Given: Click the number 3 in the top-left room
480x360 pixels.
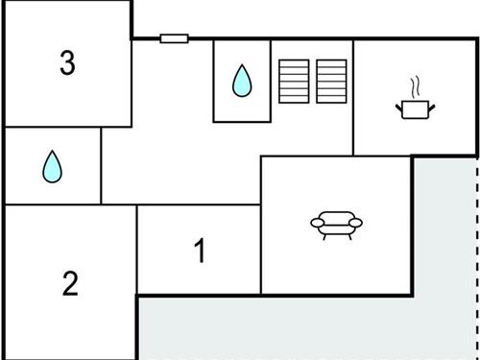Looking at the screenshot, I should pyautogui.click(x=66, y=63).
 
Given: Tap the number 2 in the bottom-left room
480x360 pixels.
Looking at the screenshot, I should pyautogui.click(x=69, y=284).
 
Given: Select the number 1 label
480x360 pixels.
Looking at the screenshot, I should pyautogui.click(x=200, y=252).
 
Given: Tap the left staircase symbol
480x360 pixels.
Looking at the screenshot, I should pyautogui.click(x=293, y=80).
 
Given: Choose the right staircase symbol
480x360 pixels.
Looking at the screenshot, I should pyautogui.click(x=331, y=80).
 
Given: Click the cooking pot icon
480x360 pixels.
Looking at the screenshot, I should pyautogui.click(x=415, y=108).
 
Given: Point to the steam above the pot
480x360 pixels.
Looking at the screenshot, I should pyautogui.click(x=415, y=87).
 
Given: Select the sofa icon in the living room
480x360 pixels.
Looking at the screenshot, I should pyautogui.click(x=337, y=225).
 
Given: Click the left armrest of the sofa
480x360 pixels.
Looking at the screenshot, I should pyautogui.click(x=317, y=223).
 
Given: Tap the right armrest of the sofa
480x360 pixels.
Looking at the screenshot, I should pyautogui.click(x=357, y=223).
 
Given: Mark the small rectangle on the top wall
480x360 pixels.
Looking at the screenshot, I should pyautogui.click(x=174, y=38).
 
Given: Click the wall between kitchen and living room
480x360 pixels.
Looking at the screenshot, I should pyautogui.click(x=384, y=156).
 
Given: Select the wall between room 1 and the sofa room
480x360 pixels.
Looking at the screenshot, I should pyautogui.click(x=261, y=250).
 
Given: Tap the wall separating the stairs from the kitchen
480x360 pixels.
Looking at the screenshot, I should pyautogui.click(x=353, y=96).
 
